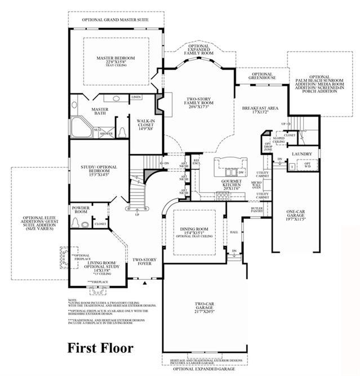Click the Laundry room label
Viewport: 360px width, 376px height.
point(303,154)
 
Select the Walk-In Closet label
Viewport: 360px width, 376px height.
point(143,123)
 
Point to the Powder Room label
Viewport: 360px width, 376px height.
point(80,210)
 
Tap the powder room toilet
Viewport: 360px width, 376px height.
point(83,224)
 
